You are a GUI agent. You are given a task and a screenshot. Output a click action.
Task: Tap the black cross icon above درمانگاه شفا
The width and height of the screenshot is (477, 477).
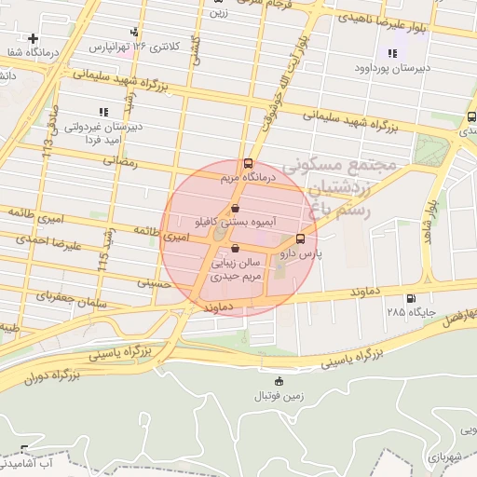click(x=34, y=39)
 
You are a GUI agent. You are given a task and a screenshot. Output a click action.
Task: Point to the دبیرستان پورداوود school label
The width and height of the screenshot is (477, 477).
click(x=391, y=68)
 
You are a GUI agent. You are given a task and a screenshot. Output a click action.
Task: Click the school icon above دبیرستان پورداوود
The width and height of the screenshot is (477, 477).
click(x=391, y=54)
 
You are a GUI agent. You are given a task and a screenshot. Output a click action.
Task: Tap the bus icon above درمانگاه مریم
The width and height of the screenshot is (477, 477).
click(x=246, y=163)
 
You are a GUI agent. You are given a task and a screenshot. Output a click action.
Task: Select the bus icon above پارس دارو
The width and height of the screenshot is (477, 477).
click(x=300, y=238)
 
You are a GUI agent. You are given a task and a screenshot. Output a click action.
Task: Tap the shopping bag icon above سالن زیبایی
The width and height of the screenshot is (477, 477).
click(x=235, y=248)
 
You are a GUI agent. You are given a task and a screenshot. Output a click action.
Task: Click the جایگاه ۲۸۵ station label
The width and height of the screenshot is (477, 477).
click(x=406, y=311)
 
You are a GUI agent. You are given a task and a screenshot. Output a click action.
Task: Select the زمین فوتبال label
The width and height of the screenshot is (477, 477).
click(x=278, y=396)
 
